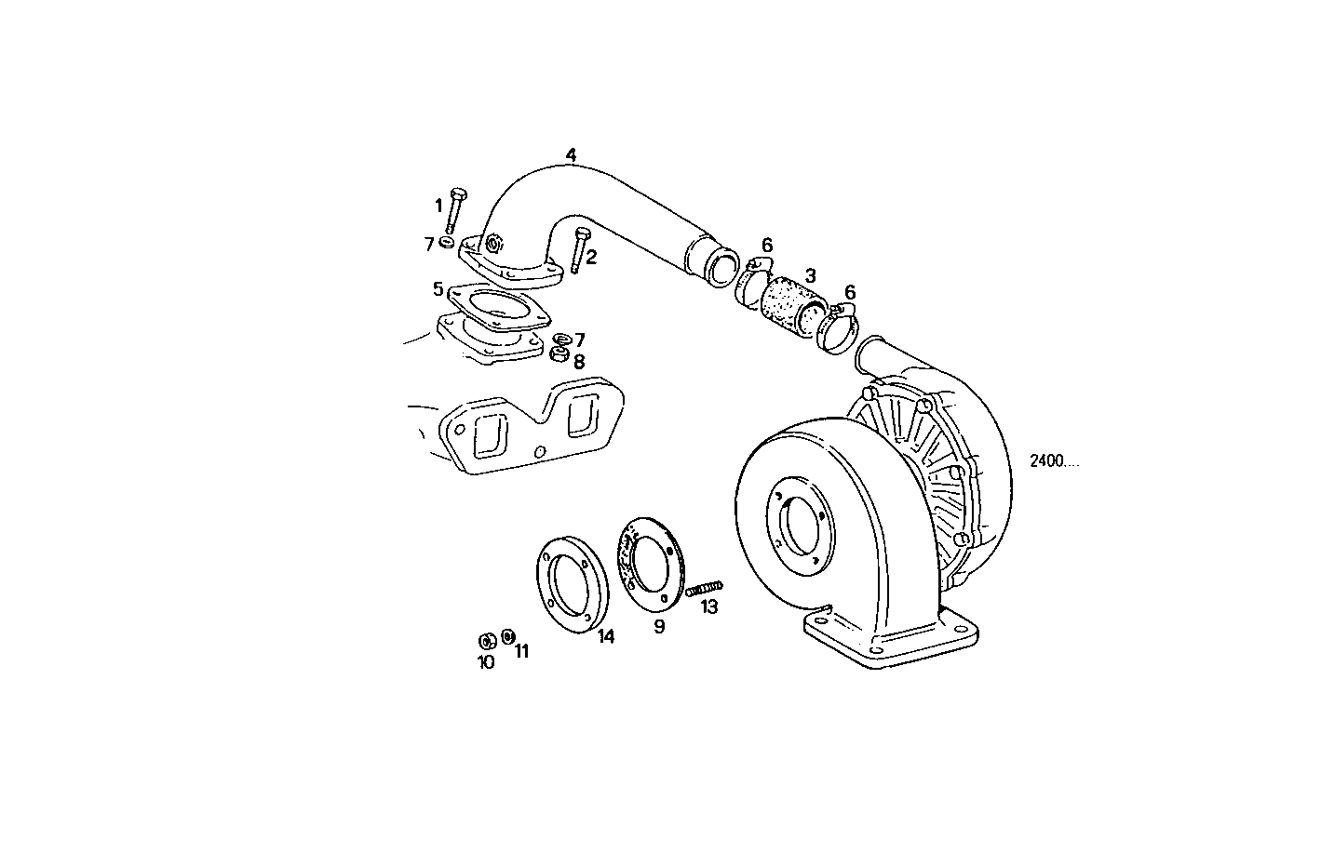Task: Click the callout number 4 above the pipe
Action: (x=571, y=153)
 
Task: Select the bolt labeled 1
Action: (x=455, y=209)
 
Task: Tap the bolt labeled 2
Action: (x=581, y=248)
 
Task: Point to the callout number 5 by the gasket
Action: (x=438, y=288)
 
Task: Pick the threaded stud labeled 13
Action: (x=705, y=588)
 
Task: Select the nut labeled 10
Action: (x=485, y=641)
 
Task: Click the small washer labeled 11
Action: (x=507, y=635)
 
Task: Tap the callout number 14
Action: (x=606, y=636)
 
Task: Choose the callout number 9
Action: (x=659, y=627)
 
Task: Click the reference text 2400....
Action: (x=1054, y=461)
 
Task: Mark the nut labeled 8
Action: (x=559, y=354)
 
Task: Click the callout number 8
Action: (x=579, y=362)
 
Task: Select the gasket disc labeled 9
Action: (x=651, y=566)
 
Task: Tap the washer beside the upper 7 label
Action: (x=448, y=243)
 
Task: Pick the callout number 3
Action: (x=811, y=275)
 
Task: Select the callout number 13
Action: (x=709, y=606)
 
